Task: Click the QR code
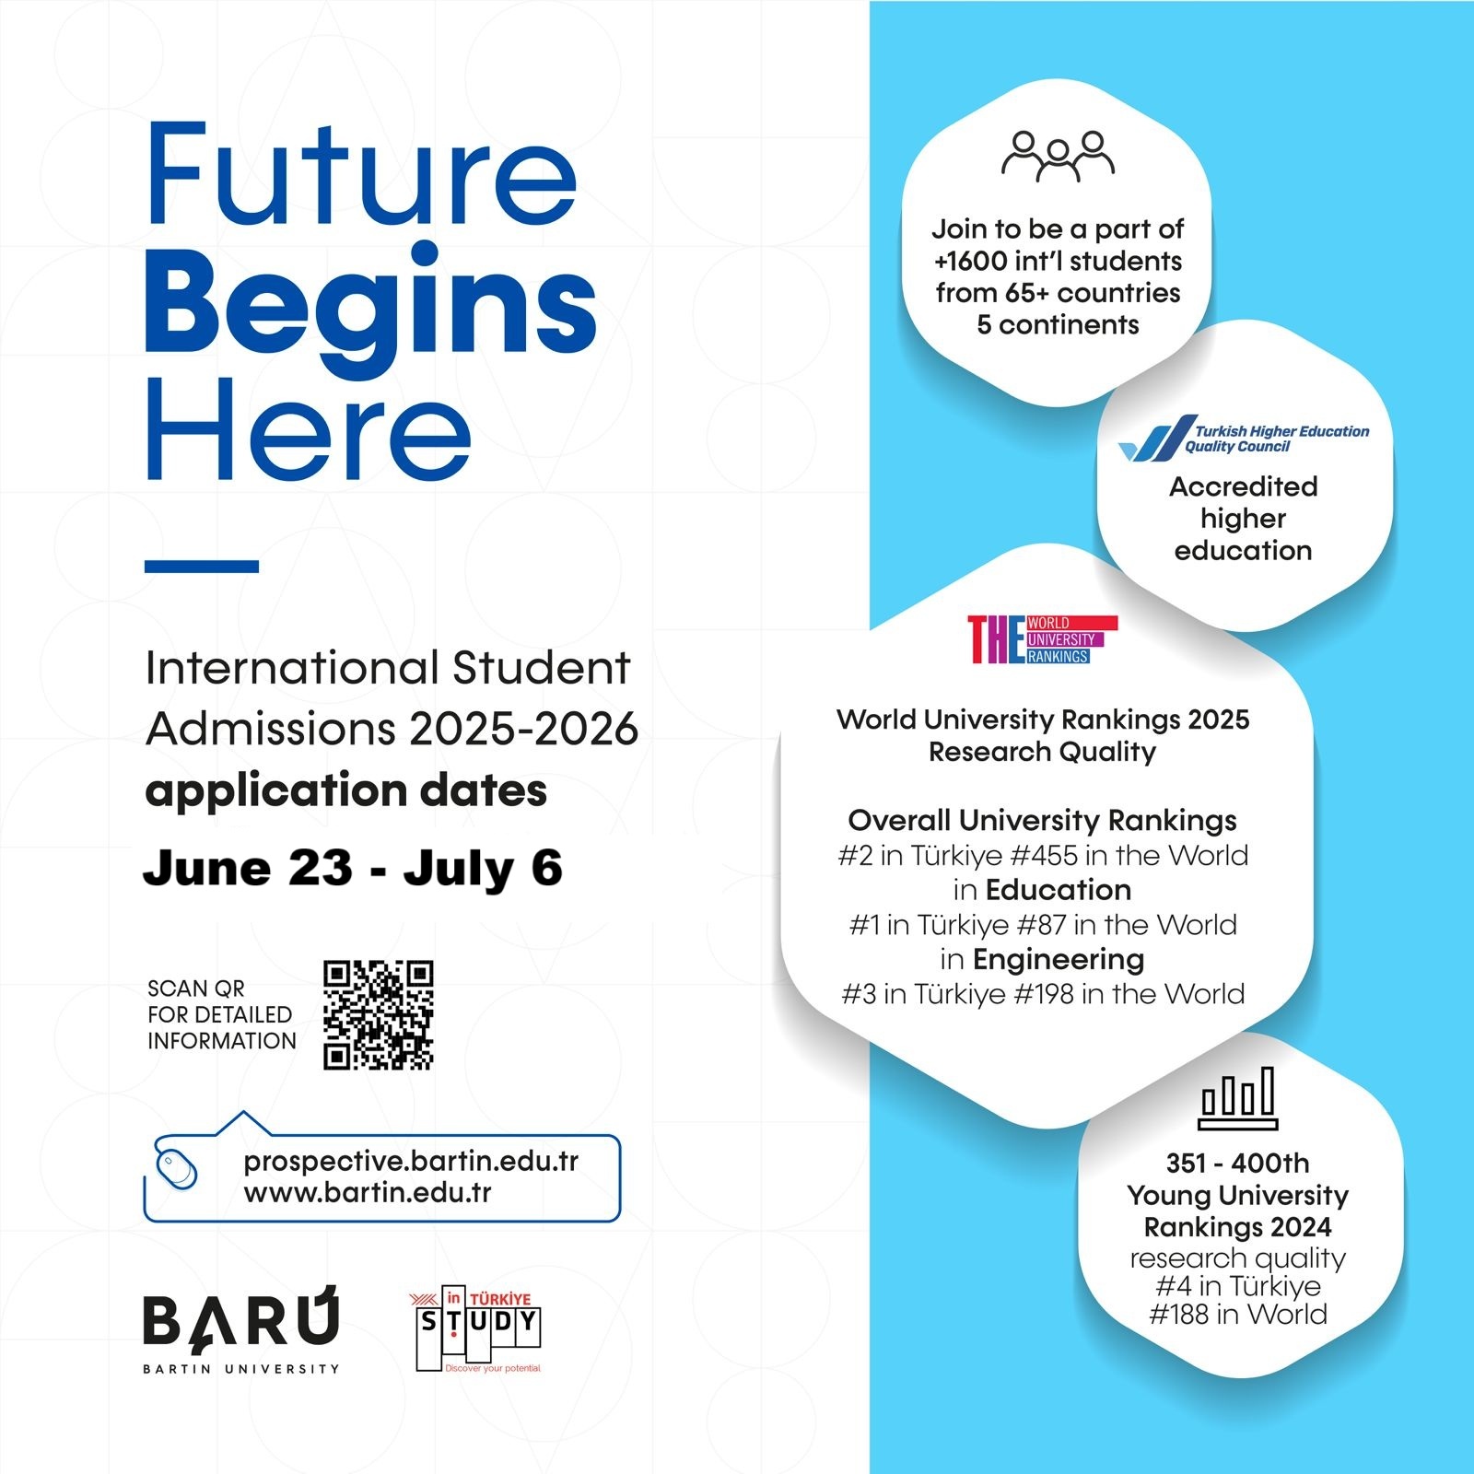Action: click(x=378, y=1014)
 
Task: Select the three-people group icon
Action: click(x=1058, y=156)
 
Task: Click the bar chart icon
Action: click(x=1238, y=1098)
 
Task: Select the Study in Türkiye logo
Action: click(x=476, y=1328)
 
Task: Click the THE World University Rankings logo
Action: click(x=1042, y=639)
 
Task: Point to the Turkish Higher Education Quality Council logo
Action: click(x=1243, y=439)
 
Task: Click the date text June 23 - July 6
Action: click(x=353, y=868)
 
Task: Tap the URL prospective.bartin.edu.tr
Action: click(x=411, y=1162)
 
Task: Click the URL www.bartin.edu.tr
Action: click(x=368, y=1193)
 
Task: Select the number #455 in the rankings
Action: click(x=1044, y=856)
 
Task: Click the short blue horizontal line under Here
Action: click(x=202, y=567)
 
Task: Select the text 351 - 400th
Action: click(x=1237, y=1164)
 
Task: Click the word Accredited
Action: click(x=1244, y=486)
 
